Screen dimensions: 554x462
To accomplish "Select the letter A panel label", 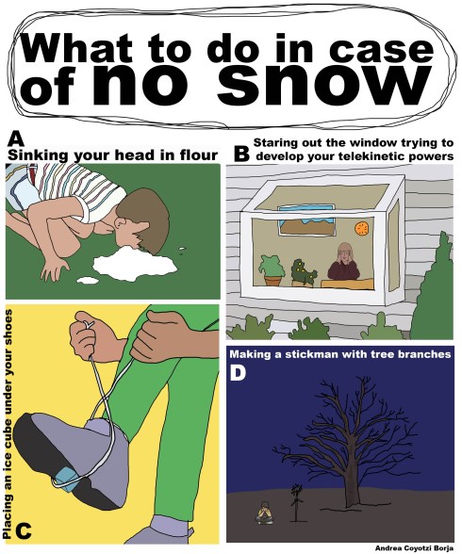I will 14,137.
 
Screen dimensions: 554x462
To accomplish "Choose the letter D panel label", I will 239,375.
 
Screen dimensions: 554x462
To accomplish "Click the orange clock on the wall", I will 361,229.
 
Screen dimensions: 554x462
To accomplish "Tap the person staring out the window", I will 340,265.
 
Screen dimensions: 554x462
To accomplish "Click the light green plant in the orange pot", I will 272,269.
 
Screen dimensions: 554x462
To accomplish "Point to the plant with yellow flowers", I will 304,272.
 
